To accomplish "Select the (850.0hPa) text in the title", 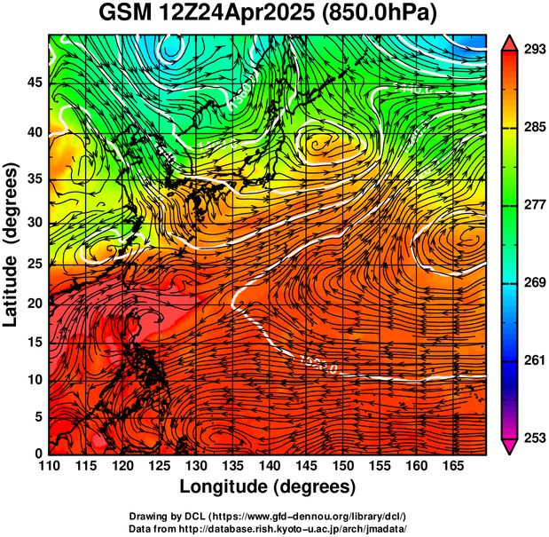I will (x=383, y=14).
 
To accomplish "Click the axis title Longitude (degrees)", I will (x=268, y=487).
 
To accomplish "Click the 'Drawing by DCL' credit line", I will (x=268, y=517).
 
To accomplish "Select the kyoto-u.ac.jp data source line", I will (x=268, y=528).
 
